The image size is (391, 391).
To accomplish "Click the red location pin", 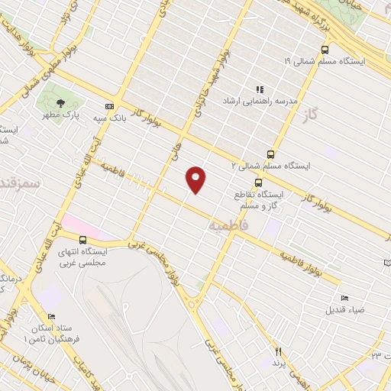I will [x=196, y=179].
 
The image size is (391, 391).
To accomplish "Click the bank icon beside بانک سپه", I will [x=110, y=106].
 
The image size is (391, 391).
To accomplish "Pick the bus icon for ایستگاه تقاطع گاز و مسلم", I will [x=259, y=183].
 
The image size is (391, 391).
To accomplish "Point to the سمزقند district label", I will [x=21, y=184].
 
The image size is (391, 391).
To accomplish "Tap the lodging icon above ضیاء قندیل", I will [x=345, y=298].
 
